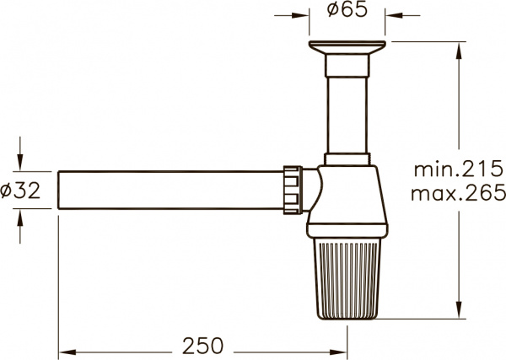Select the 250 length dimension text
202,345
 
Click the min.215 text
456,169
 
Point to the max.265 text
456,194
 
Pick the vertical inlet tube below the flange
347,110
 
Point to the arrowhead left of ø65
302,14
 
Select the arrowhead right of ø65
392,14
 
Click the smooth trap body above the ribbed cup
348,202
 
